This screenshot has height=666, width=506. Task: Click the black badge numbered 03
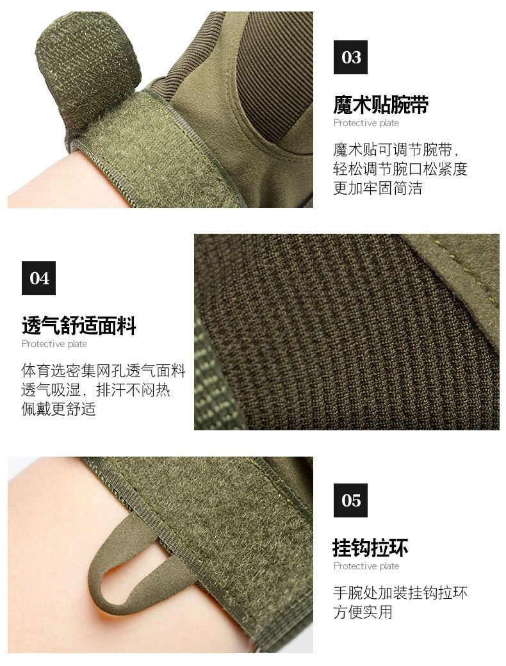tap(350, 57)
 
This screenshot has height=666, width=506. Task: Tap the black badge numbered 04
tap(38, 278)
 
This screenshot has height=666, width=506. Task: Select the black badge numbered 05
tap(350, 500)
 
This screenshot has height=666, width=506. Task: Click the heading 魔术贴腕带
tap(380, 104)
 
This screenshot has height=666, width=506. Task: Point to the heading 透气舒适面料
tap(79, 326)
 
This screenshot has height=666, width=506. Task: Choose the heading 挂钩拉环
tap(370, 548)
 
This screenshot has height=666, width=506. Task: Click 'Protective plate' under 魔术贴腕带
tap(366, 123)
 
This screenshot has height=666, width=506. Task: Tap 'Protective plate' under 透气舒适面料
tap(54, 344)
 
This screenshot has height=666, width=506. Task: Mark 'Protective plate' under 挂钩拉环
tap(366, 566)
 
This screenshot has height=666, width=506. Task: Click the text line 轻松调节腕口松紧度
tap(400, 170)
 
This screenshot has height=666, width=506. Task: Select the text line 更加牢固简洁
tap(377, 189)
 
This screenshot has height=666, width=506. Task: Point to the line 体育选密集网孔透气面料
tap(103, 371)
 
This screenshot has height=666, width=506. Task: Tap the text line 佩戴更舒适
tap(58, 409)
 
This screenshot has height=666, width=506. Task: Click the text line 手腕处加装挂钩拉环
tap(400, 593)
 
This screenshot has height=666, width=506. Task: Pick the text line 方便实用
tap(363, 612)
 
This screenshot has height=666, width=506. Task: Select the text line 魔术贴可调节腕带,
tap(396, 150)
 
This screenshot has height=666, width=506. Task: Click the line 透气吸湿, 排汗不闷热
tap(96, 390)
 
